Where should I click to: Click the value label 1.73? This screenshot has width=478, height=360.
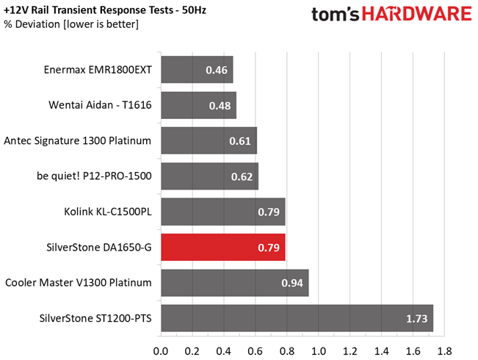417,319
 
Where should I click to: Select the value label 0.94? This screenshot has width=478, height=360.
294,283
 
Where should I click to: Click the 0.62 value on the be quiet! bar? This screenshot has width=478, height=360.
242,176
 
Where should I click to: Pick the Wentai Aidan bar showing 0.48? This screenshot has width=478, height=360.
198,105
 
